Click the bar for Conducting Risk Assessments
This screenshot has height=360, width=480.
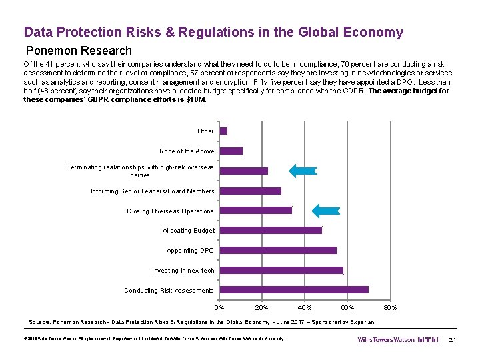tap(293, 290)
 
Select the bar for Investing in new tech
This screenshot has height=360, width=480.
tap(281, 271)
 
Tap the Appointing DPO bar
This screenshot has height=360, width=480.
tap(278, 251)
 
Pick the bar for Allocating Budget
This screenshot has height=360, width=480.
tap(271, 231)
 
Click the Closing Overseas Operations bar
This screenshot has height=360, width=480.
tap(256, 211)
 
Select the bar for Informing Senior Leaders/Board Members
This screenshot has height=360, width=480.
tap(251, 191)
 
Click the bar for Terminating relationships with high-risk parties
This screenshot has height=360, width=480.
tap(244, 171)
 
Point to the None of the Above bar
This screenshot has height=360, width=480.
tap(231, 151)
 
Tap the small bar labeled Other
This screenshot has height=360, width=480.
tap(224, 131)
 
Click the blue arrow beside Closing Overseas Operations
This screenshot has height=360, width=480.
tap(327, 211)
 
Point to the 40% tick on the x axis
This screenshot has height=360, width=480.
tap(305, 307)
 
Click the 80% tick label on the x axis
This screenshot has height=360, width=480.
tap(390, 307)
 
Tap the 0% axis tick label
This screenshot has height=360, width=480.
tap(219, 307)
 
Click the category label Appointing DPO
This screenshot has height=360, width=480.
tap(190, 251)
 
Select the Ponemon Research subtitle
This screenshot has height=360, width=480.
tap(79, 51)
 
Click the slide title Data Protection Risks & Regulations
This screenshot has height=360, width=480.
tap(213, 32)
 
